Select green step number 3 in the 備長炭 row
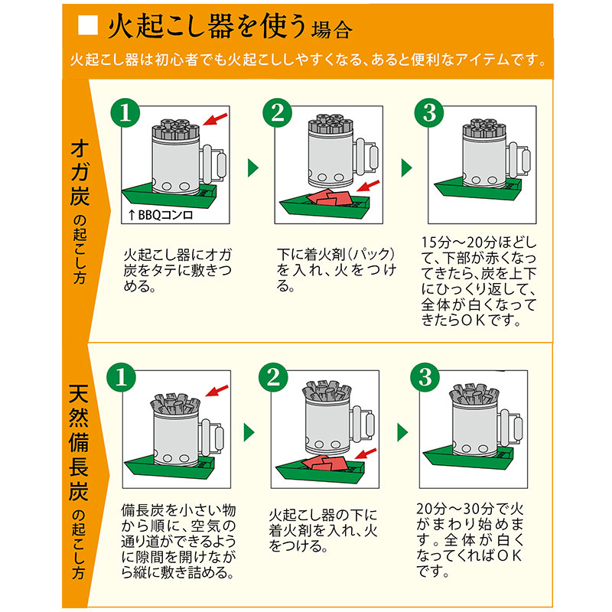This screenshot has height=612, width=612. (425, 376)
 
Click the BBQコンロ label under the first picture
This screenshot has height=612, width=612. (165, 216)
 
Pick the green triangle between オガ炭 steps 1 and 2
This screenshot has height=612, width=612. (252, 168)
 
